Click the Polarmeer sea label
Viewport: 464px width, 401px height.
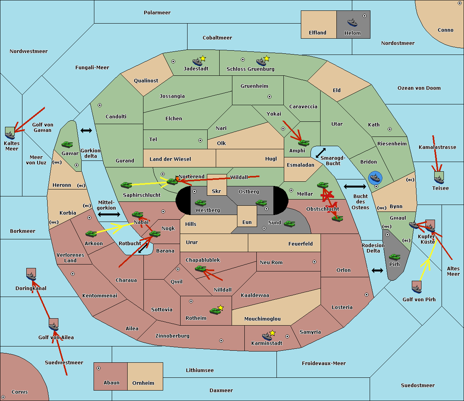[x=157, y=13]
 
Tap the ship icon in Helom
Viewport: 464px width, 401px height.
[x=352, y=22]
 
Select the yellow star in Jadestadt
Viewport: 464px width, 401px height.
[x=203, y=58]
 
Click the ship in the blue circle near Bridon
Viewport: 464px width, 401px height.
[x=375, y=178]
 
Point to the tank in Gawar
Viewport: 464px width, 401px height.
[x=67, y=145]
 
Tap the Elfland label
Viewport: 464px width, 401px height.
[x=317, y=33]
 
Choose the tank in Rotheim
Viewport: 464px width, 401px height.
[x=215, y=311]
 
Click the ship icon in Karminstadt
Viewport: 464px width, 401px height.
[x=267, y=336]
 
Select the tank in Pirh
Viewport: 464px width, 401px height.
[x=394, y=257]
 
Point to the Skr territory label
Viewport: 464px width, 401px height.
[x=217, y=191]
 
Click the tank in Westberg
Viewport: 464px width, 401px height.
[x=200, y=203]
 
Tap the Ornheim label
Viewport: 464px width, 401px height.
[x=143, y=383]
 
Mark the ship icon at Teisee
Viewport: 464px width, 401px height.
[x=439, y=178]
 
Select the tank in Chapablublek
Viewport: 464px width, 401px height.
[x=200, y=269]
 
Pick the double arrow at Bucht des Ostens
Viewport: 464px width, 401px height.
[x=355, y=187]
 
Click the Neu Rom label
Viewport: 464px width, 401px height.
[x=271, y=263]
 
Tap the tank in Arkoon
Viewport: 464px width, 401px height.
[x=91, y=234]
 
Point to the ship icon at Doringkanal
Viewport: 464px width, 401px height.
[x=31, y=275]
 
